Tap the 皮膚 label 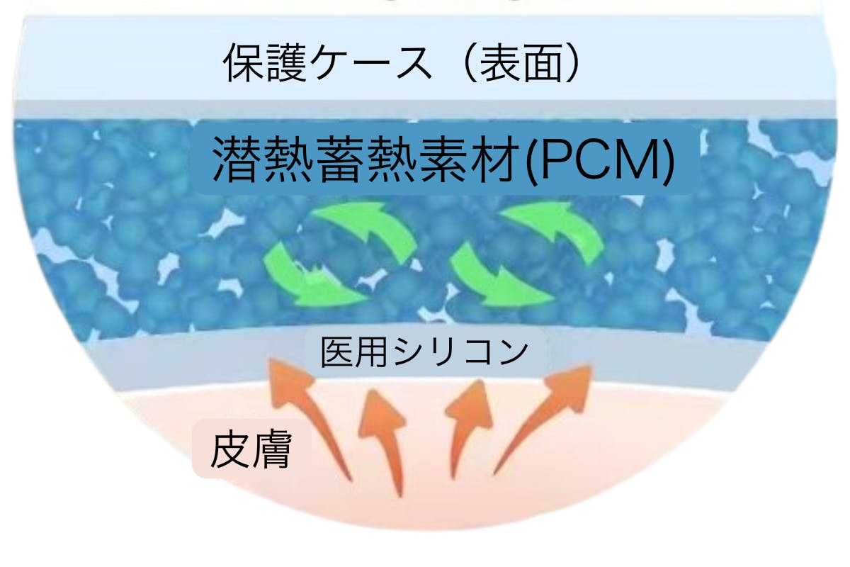tap(251, 451)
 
